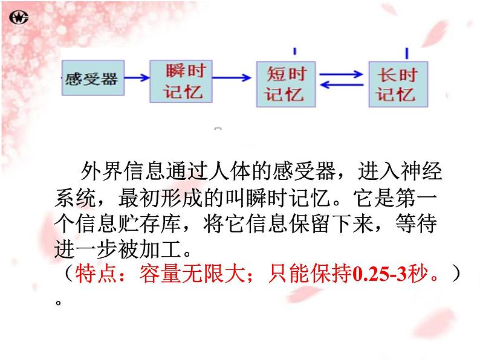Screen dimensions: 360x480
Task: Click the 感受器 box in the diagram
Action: pyautogui.click(x=93, y=79)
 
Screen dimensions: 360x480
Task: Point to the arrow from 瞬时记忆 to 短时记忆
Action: pyautogui.click(x=232, y=77)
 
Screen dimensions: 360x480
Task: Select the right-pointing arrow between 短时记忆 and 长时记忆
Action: pyautogui.click(x=343, y=74)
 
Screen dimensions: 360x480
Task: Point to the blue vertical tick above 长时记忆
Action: pyautogui.click(x=407, y=53)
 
